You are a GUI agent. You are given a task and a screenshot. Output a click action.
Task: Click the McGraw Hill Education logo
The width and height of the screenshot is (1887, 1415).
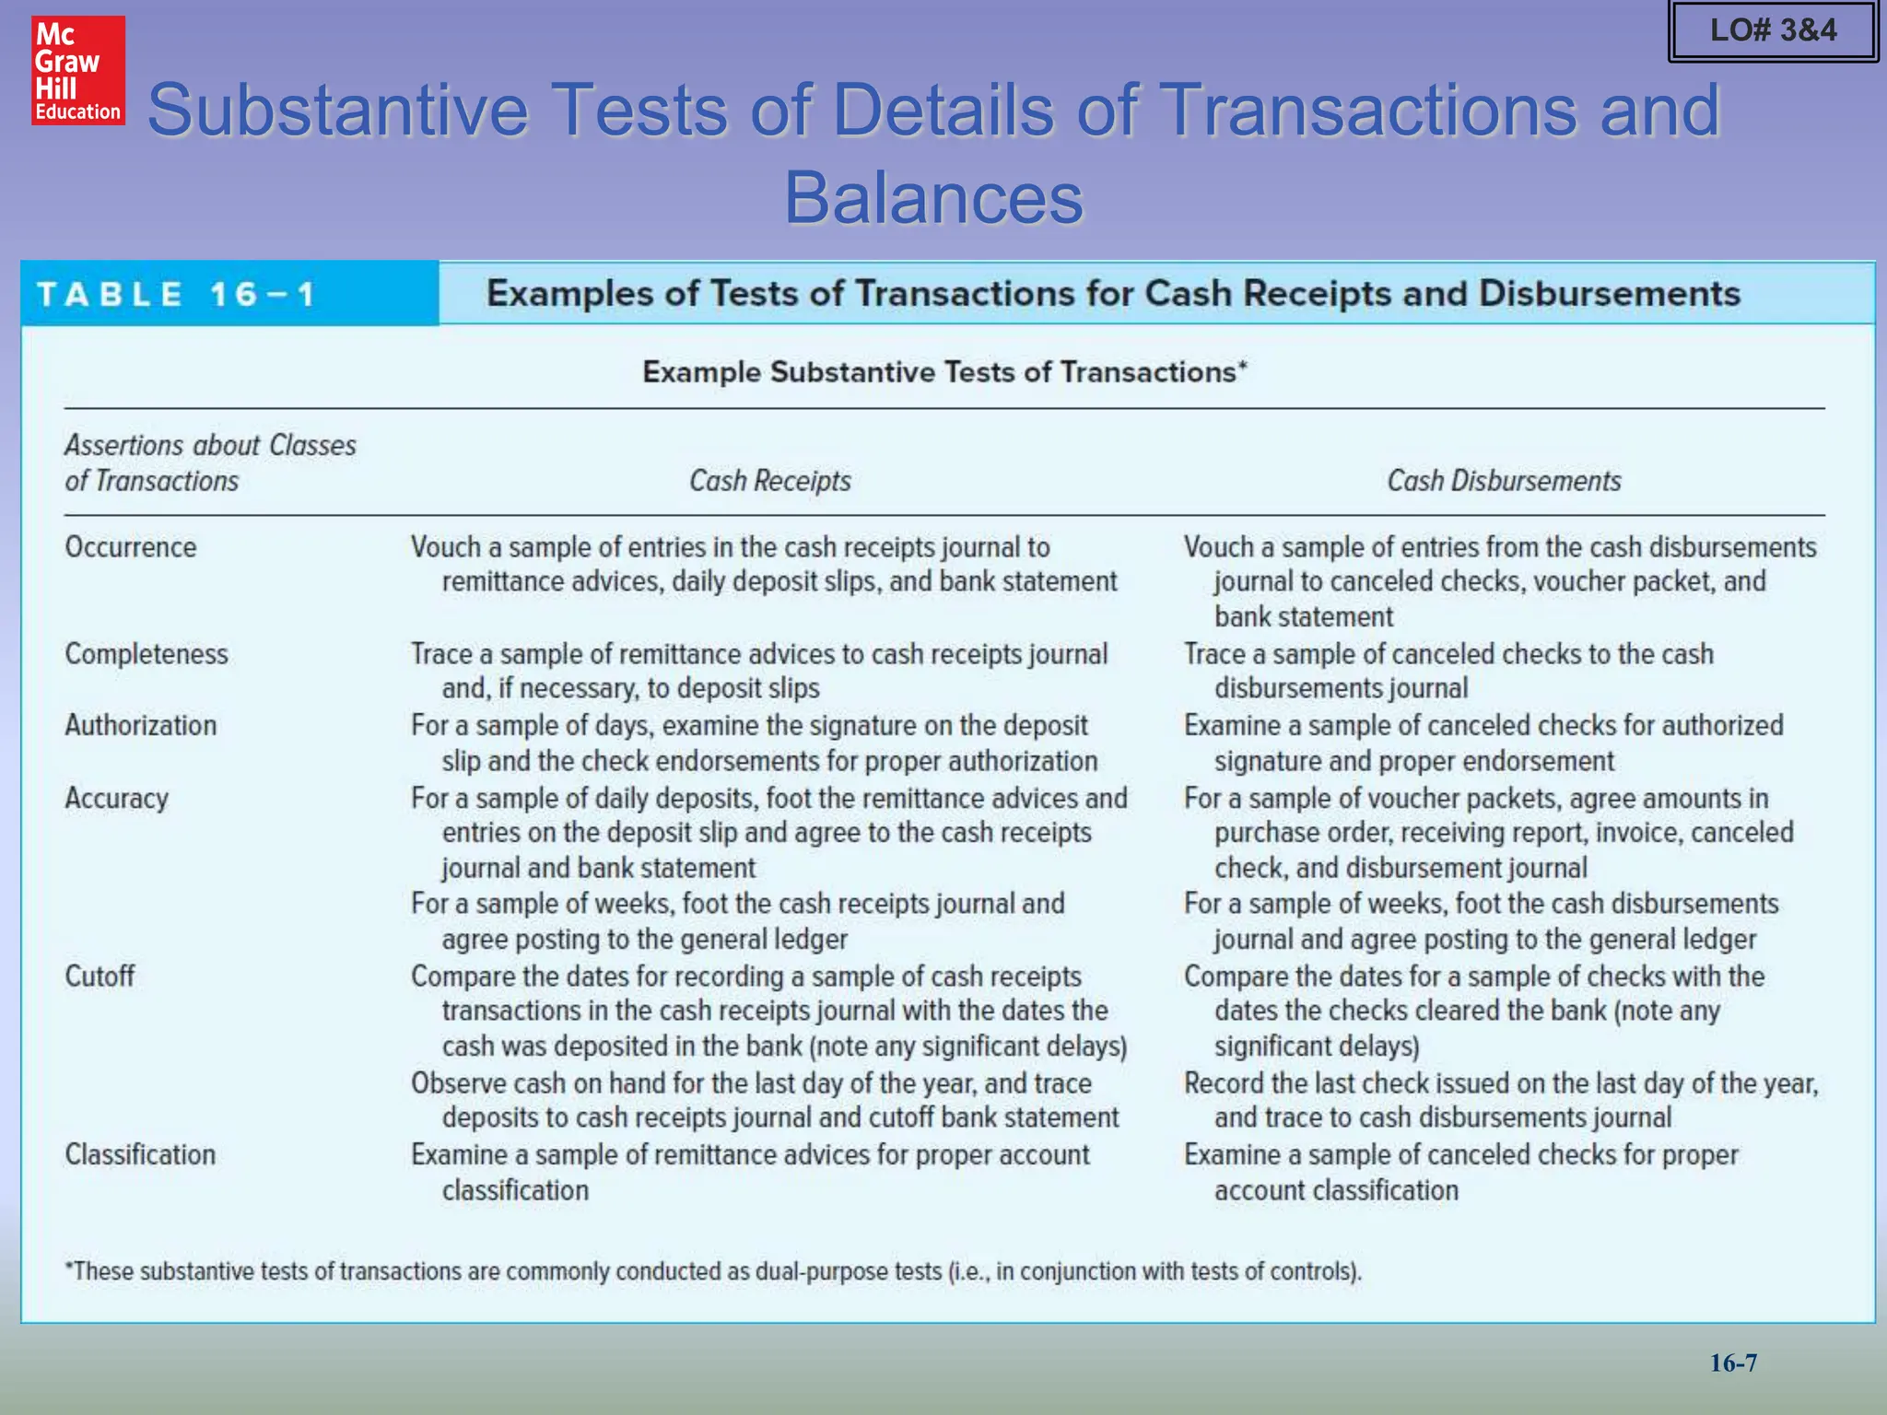[78, 71]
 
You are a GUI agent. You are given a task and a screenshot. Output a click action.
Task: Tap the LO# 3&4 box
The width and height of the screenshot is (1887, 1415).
[1773, 30]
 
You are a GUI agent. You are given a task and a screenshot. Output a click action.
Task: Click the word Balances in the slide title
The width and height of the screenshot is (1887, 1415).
[933, 197]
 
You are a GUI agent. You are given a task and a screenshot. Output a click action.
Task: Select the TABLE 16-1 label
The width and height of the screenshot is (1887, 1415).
[176, 295]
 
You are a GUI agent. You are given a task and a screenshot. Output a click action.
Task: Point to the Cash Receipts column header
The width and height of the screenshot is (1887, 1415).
[770, 481]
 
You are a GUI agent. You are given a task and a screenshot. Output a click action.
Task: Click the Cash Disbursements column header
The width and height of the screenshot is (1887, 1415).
[1504, 481]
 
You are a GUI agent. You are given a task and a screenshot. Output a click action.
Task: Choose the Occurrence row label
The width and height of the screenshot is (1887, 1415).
[131, 547]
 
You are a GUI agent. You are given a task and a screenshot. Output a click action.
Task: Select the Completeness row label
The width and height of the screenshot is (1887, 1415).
[147, 654]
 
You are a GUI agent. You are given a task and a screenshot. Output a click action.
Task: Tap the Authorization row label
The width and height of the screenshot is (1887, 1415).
[141, 726]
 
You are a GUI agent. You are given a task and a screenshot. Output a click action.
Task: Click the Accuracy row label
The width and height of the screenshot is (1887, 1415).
[117, 799]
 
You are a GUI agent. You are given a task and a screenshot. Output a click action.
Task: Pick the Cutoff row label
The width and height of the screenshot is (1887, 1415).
[100, 976]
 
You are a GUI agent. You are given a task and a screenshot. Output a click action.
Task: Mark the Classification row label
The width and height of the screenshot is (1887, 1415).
[140, 1155]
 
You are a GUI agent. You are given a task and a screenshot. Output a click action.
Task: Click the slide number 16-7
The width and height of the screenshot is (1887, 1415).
[1733, 1362]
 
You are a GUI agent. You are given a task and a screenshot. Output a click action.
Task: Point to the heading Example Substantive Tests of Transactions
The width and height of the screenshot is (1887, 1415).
[944, 372]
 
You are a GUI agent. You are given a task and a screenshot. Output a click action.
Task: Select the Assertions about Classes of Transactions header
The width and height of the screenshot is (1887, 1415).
[210, 462]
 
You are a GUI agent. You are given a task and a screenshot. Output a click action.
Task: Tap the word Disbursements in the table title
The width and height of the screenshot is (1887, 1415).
[1609, 294]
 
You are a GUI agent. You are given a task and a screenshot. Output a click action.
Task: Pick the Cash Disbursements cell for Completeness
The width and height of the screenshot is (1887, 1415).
[1448, 671]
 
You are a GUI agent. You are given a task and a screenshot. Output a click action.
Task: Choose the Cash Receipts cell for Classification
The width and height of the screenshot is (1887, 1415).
[750, 1172]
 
